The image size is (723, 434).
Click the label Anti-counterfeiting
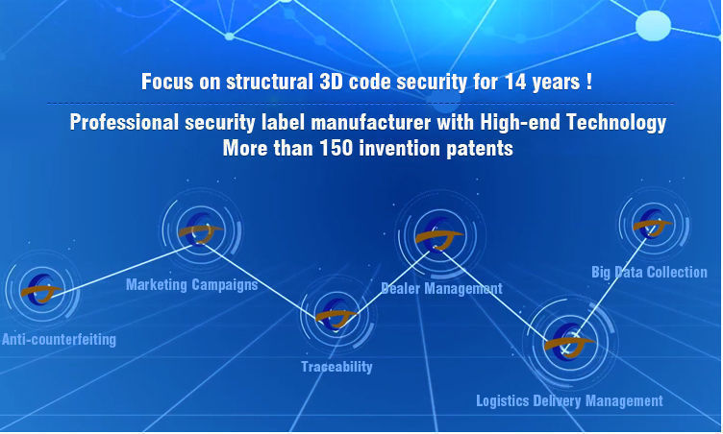(x=59, y=340)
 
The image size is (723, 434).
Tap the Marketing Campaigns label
(x=192, y=285)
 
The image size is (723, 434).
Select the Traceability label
(x=337, y=367)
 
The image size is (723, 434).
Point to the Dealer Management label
(x=441, y=288)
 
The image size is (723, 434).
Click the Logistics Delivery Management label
(x=569, y=400)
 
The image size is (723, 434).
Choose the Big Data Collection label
(x=649, y=272)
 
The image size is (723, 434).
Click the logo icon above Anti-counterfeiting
(x=41, y=289)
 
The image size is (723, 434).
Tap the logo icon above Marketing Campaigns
(x=201, y=229)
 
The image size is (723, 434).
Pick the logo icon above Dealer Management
(x=439, y=235)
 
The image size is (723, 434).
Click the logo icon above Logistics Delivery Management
(x=570, y=341)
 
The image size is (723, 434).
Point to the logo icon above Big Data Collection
(x=653, y=224)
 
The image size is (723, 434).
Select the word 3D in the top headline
(x=331, y=82)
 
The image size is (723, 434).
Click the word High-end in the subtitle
(x=520, y=123)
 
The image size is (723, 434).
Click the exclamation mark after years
(x=589, y=82)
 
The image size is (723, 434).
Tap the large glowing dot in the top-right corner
(x=654, y=26)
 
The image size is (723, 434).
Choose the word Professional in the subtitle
(x=124, y=123)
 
